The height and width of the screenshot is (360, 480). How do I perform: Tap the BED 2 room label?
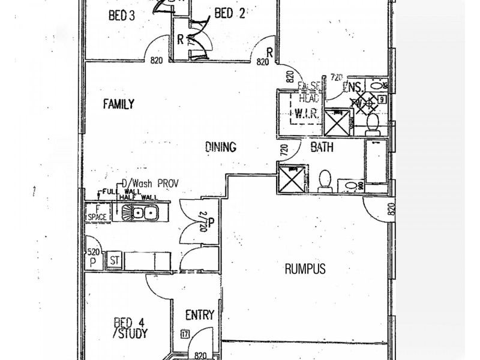(x=230, y=15)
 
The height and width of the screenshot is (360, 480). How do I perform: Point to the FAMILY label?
(x=118, y=104)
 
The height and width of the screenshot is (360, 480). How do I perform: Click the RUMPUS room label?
(x=305, y=269)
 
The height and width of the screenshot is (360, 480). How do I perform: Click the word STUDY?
(x=134, y=331)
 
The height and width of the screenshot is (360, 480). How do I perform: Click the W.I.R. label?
(x=307, y=112)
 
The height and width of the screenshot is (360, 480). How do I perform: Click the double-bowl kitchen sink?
(x=139, y=212)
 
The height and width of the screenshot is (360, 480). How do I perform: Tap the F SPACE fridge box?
(x=96, y=212)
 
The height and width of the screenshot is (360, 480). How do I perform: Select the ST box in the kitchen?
(x=113, y=261)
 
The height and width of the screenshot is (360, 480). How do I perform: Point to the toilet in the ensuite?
(x=371, y=124)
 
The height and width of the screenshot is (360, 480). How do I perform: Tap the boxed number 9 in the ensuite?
(x=381, y=100)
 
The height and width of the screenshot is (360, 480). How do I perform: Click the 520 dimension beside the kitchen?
(x=92, y=253)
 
